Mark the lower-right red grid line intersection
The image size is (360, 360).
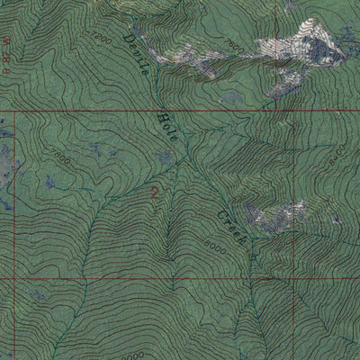coord(296,278)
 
